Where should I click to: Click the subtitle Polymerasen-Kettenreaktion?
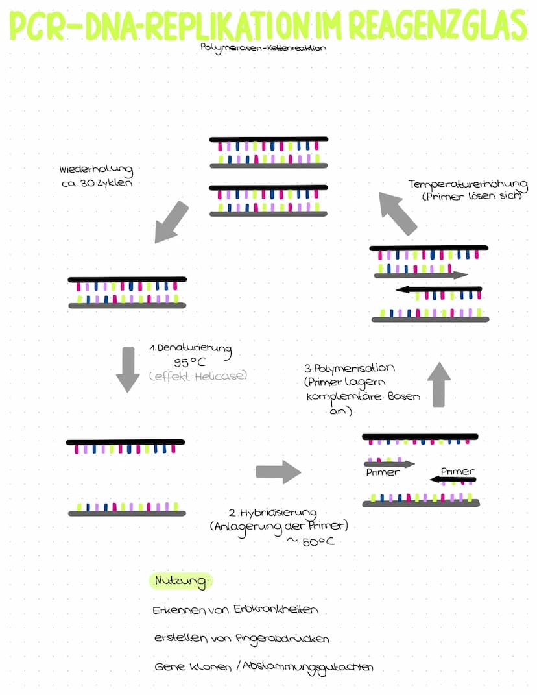point(263,47)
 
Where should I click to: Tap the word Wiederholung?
point(96,170)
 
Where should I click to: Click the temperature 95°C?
point(190,363)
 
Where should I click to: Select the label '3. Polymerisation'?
point(349,369)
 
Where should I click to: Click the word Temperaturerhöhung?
point(466,184)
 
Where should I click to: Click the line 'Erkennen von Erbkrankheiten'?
point(235,611)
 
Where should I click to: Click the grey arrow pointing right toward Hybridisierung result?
point(278,472)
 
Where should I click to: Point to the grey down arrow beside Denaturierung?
point(128,369)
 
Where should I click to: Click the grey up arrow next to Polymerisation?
point(439,384)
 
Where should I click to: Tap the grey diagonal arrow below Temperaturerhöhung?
point(398,213)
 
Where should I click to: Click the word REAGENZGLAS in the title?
point(439,26)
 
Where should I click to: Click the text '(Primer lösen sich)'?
point(472,196)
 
